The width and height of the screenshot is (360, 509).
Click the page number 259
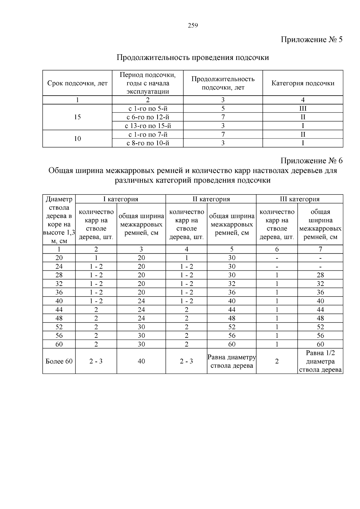(193, 25)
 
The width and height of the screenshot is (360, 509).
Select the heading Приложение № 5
(311, 40)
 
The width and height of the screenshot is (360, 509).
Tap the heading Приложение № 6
(311, 161)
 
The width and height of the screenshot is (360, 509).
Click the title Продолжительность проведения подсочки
(193, 58)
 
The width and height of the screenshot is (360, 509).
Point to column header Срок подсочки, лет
(77, 83)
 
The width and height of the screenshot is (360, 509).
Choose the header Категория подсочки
(303, 83)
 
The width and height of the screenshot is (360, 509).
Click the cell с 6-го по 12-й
(148, 117)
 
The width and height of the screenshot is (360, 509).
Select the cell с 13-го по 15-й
(148, 126)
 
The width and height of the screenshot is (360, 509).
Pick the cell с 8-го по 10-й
(148, 143)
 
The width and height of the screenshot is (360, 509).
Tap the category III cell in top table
(303, 109)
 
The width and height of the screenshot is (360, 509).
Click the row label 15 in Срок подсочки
(77, 117)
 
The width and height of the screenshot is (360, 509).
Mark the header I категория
(121, 199)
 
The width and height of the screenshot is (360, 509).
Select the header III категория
(299, 199)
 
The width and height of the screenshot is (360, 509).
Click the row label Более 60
(59, 362)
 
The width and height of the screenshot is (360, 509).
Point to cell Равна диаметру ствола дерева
(232, 362)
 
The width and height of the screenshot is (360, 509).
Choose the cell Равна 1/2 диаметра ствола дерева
(320, 362)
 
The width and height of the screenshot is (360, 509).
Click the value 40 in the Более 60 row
(141, 362)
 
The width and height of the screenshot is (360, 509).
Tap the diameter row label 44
(59, 310)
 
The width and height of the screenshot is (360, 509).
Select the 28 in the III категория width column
(320, 275)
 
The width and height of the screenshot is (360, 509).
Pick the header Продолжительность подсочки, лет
(223, 83)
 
